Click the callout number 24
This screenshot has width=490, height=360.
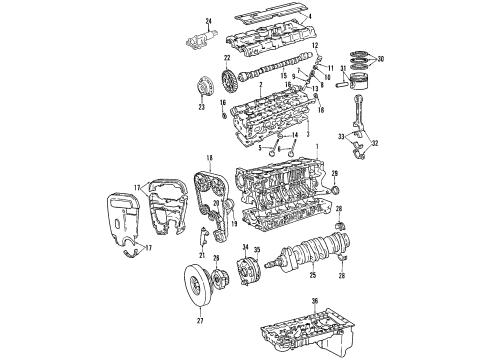pyautogui.click(x=209, y=21)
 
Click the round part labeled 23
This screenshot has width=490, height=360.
pyautogui.click(x=200, y=96)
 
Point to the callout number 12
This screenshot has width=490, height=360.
pyautogui.click(x=314, y=47)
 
